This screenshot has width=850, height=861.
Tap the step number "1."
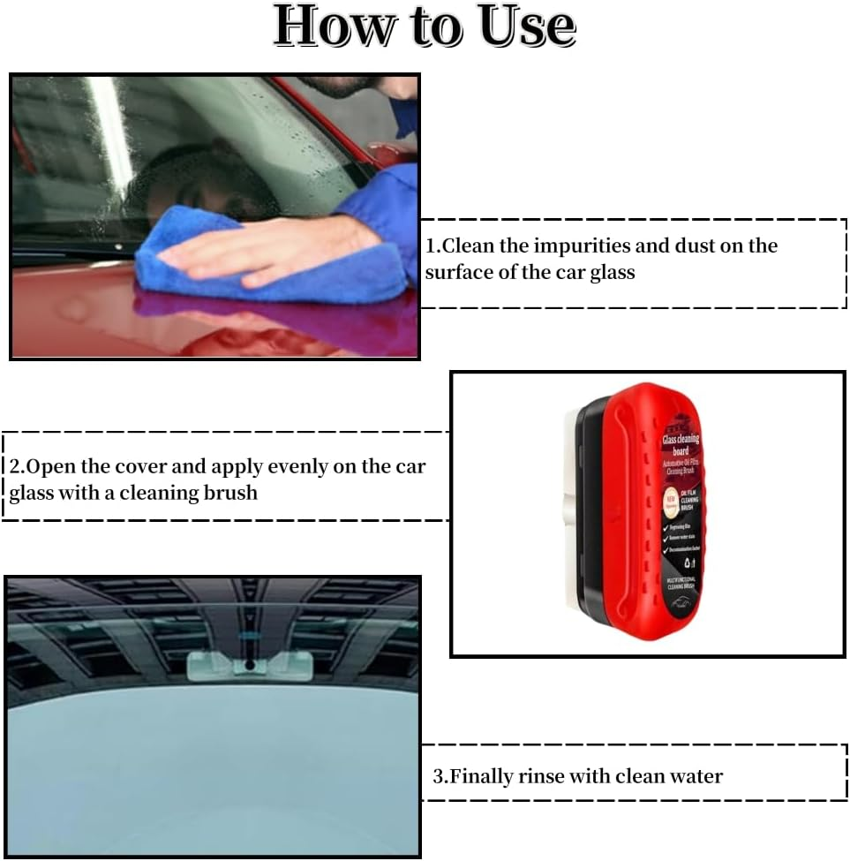[x=433, y=245]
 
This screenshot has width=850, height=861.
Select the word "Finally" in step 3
[x=484, y=776]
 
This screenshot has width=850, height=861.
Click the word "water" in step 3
[x=694, y=776]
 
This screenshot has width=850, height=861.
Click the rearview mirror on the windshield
[x=249, y=664]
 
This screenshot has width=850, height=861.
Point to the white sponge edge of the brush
[x=568, y=512]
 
